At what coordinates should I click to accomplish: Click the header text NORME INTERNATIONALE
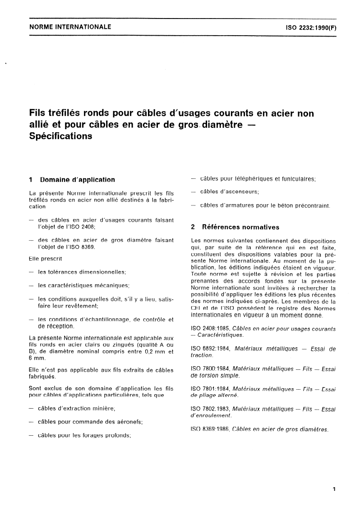[x=70, y=27]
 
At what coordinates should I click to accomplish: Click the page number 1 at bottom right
[x=334, y=489]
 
